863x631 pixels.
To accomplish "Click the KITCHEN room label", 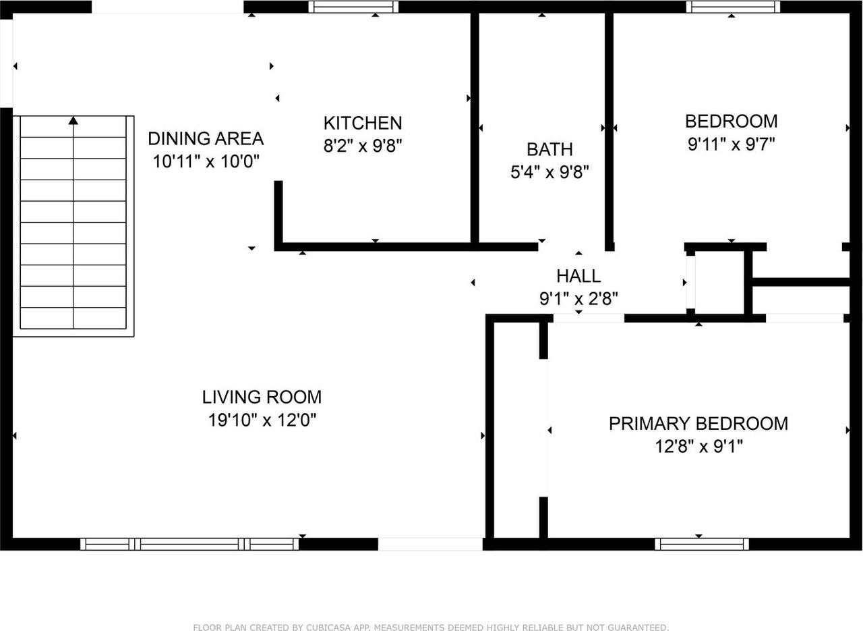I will [x=363, y=123].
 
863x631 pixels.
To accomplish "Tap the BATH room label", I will [x=549, y=149].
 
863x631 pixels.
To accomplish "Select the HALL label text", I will [x=578, y=275].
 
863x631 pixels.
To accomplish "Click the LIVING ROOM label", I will [x=262, y=397].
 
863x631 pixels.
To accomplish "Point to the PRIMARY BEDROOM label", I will [x=698, y=424].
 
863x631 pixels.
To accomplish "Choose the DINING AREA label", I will [x=206, y=139].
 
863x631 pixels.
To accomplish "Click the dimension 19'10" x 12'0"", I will [x=262, y=420].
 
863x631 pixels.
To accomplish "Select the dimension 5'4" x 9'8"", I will [x=549, y=172].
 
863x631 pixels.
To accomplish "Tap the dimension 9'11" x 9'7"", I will [x=731, y=144].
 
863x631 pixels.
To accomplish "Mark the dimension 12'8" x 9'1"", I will [x=698, y=447].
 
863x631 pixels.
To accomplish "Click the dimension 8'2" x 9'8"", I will [x=363, y=146].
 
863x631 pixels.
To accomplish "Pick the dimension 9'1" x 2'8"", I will [x=578, y=298].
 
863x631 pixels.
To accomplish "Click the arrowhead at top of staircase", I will [x=73, y=120].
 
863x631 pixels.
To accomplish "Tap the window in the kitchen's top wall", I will [x=353, y=7].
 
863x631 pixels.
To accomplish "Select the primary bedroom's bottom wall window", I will [x=701, y=544].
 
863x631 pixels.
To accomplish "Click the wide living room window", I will [x=189, y=544].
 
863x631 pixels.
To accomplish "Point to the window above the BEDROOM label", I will [x=733, y=7].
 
